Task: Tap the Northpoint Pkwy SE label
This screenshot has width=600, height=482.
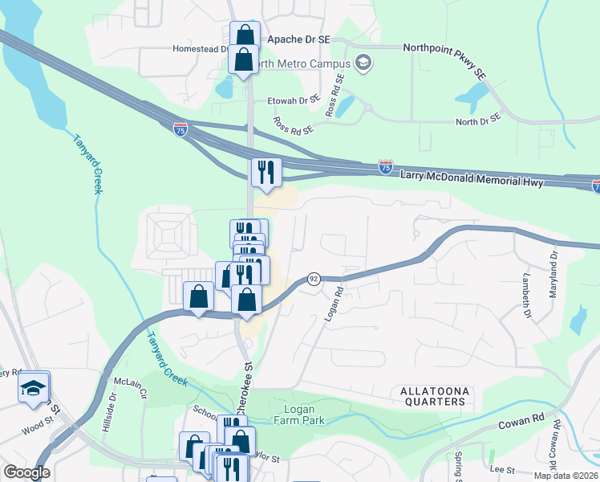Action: click(444, 59)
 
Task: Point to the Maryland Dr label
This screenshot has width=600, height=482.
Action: click(553, 274)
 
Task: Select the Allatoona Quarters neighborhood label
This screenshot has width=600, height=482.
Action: click(433, 395)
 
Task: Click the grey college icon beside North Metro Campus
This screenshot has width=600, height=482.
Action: click(363, 63)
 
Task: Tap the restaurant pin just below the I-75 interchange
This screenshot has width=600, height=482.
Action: click(265, 172)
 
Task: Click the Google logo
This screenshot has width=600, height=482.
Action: click(26, 472)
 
